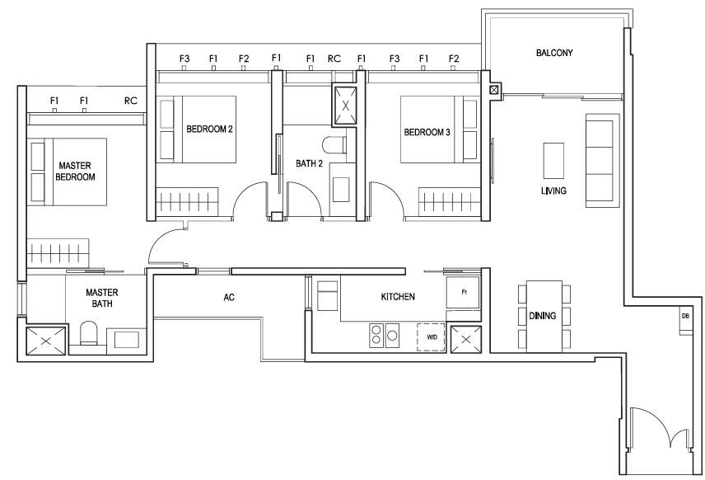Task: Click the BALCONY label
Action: pos(554,53)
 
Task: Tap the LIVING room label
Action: pos(553,191)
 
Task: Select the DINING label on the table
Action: pos(542,316)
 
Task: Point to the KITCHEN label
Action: pos(398,297)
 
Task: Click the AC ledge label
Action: pos(229,297)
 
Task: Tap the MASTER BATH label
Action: pos(102,298)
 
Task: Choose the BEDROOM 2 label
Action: pos(209,129)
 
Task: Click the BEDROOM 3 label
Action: pos(427,133)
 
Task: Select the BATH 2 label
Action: pos(309,163)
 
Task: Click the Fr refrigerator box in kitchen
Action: pos(464,293)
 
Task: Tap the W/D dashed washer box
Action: pos(432,336)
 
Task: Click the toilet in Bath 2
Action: pos(334,145)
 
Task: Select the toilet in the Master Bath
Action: pos(89,333)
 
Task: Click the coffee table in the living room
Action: pos(553,161)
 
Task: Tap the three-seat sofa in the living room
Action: pos(603,160)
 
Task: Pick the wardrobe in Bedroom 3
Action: pos(450,202)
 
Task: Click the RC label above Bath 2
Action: pos(334,59)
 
